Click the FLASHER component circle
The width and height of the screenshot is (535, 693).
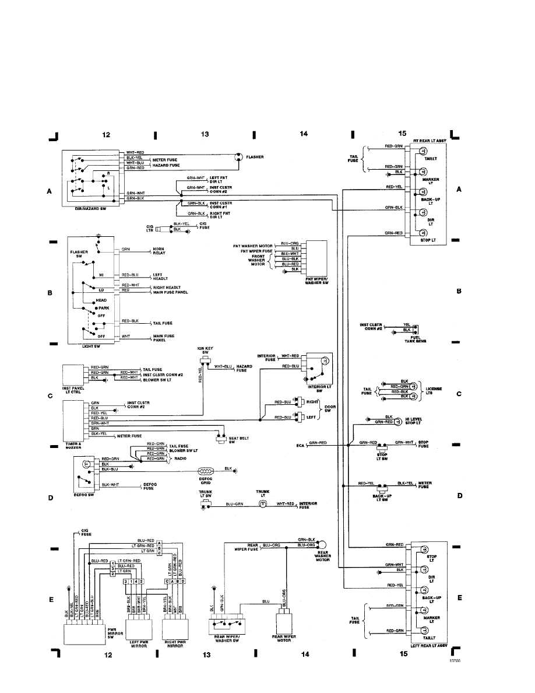coord(238,157)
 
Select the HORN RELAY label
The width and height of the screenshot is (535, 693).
coord(161,251)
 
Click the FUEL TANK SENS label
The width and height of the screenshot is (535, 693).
coord(412,340)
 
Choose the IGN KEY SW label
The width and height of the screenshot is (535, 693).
coord(205,351)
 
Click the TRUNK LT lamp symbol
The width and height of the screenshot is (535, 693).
coord(262,503)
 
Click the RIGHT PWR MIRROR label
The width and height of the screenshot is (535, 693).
coord(176,644)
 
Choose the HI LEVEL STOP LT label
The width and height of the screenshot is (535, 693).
coord(415,421)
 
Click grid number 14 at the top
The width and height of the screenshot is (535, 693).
coord(303,134)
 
